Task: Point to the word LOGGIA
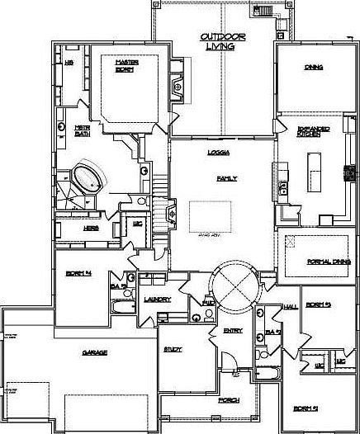219,153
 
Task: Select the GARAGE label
94,352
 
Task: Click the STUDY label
173,350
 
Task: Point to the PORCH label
229,400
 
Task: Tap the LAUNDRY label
157,299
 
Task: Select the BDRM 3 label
318,305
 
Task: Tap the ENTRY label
233,331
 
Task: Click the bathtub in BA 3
121,309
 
